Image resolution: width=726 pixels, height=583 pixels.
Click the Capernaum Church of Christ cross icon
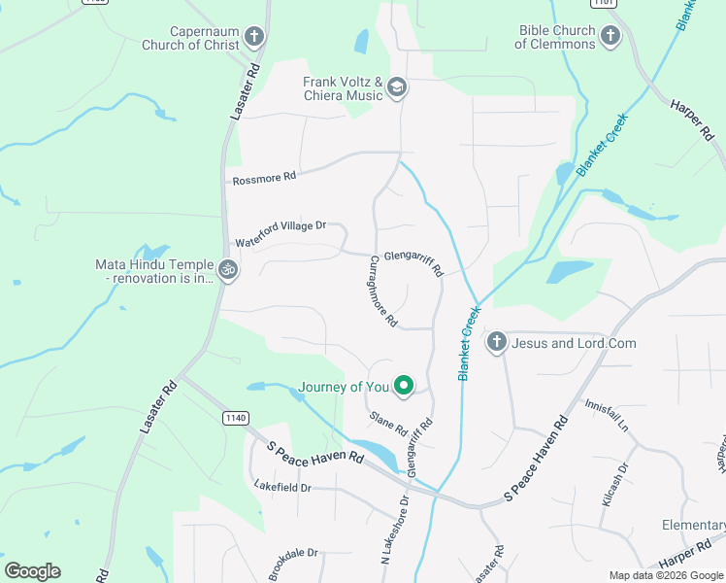tap(254, 37)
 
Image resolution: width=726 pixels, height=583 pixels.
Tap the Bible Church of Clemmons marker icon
tap(610, 37)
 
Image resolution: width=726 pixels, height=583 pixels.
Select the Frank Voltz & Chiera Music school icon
tap(396, 88)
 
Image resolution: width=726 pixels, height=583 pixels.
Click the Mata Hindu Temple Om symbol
tap(228, 269)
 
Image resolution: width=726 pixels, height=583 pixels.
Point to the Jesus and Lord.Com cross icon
tap(497, 342)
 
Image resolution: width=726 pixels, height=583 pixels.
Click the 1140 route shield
tap(233, 417)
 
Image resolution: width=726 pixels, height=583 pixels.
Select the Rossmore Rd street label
tap(264, 178)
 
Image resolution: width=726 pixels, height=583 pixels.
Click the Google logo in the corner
tap(32, 570)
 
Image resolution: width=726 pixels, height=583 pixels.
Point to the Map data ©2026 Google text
tap(666, 575)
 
